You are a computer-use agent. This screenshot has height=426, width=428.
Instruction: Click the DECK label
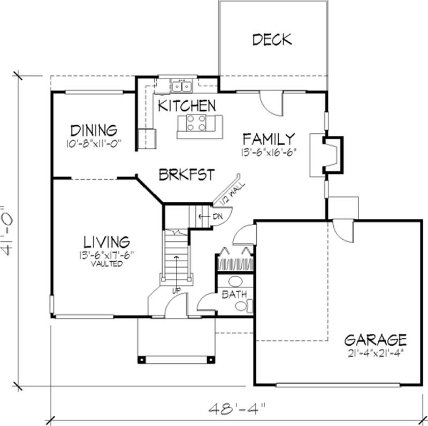point(272,39)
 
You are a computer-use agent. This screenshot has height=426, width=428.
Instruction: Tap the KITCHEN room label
point(187,105)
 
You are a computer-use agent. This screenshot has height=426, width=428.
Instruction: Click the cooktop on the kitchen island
point(195,123)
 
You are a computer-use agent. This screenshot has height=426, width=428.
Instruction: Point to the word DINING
point(94,131)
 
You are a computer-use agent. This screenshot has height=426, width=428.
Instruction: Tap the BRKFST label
point(187,174)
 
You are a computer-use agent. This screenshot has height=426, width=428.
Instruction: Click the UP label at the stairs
point(176,290)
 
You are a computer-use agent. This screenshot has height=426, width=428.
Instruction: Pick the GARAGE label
point(375,339)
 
